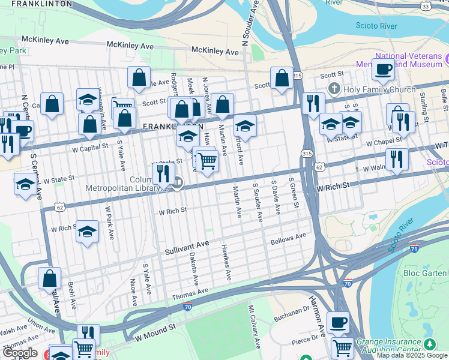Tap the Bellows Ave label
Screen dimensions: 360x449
(x=288, y=238)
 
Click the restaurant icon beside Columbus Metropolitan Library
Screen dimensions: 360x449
(x=163, y=173)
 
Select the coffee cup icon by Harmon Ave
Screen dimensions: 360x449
(x=338, y=322)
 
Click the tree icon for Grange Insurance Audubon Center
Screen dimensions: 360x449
(x=430, y=344)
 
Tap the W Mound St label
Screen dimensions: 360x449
(x=154, y=333)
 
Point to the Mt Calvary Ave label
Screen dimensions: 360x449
(x=255, y=326)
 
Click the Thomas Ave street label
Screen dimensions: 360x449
(x=190, y=293)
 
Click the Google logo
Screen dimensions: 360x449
(x=19, y=353)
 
